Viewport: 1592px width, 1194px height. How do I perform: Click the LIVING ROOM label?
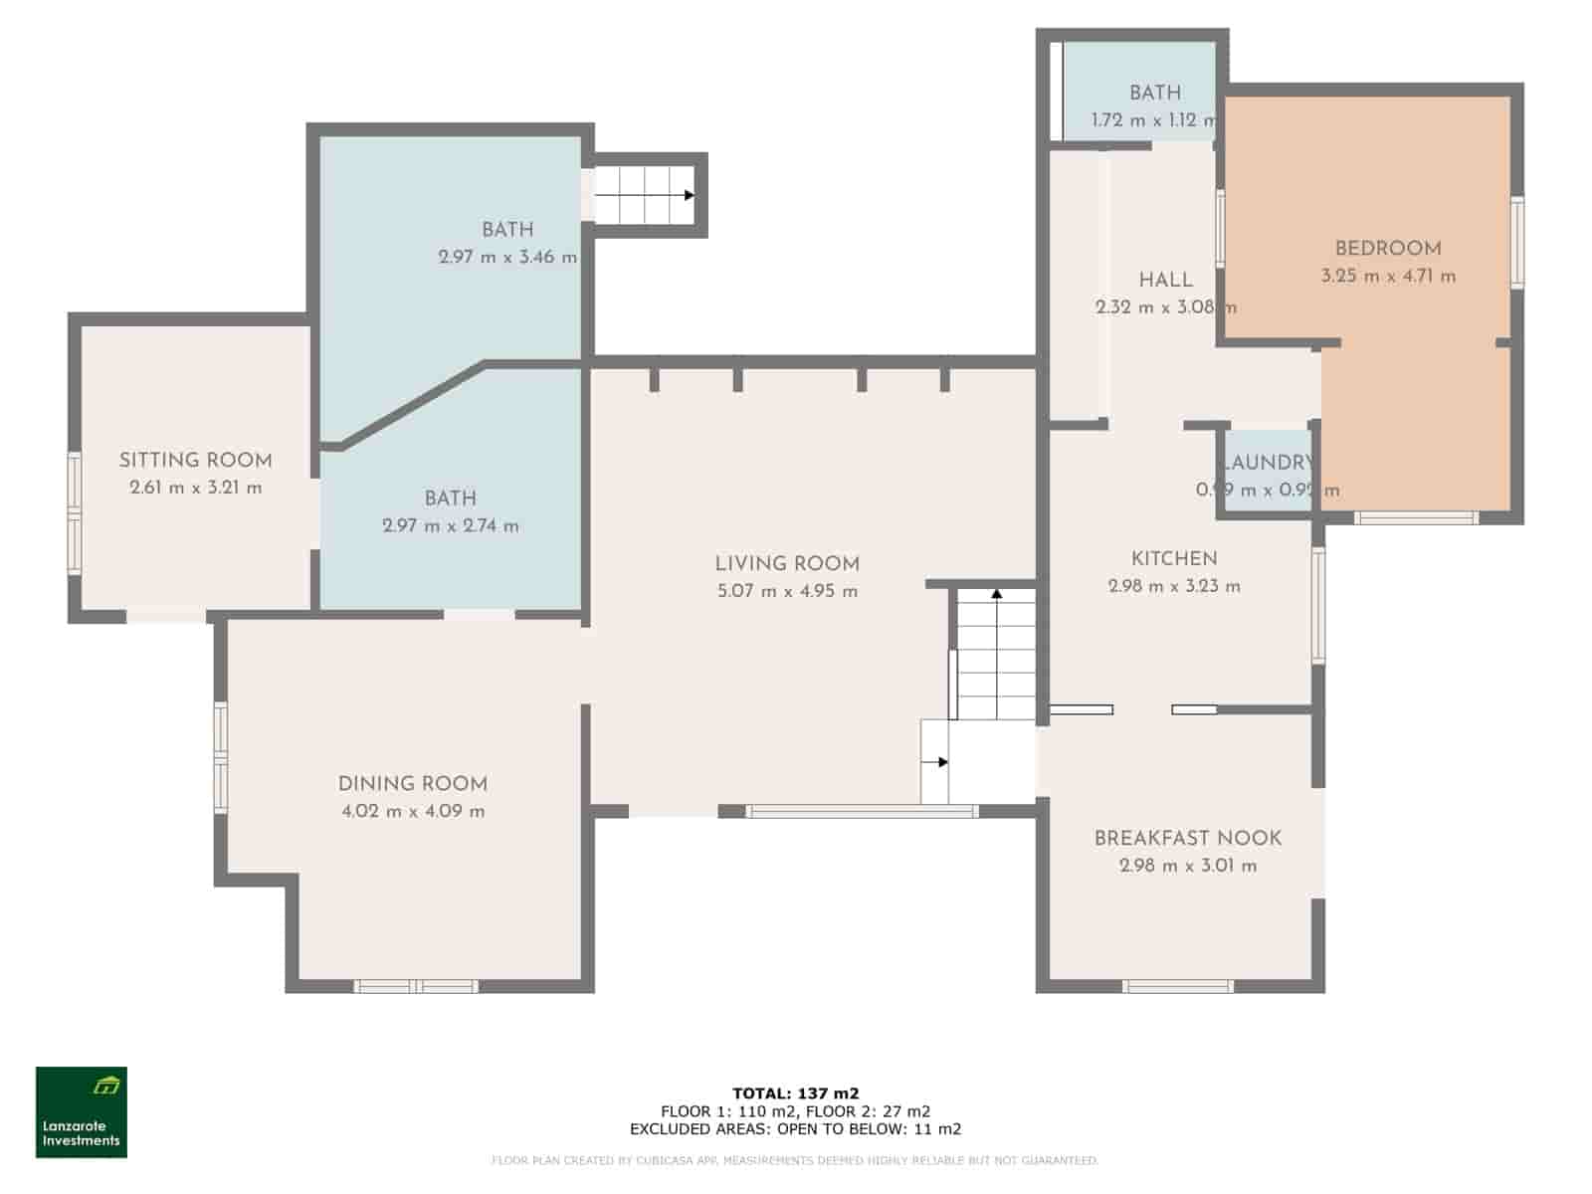(x=786, y=564)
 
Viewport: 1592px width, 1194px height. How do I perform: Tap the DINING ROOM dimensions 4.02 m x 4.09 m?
(x=413, y=811)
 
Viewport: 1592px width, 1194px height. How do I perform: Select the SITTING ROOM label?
(x=195, y=461)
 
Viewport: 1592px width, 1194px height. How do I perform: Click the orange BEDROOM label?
(x=1387, y=249)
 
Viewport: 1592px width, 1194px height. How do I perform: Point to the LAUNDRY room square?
(x=1267, y=472)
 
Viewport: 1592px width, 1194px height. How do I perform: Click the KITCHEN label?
(x=1174, y=559)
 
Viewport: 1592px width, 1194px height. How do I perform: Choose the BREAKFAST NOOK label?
(x=1187, y=839)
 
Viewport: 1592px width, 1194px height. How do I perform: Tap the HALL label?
(x=1165, y=280)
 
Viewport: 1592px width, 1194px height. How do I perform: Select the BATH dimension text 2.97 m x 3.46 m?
(x=507, y=257)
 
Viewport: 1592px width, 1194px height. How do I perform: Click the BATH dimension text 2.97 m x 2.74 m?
(x=451, y=526)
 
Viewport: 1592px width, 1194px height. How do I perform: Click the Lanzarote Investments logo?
(x=82, y=1111)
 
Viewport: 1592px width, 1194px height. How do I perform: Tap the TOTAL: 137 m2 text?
(x=795, y=1094)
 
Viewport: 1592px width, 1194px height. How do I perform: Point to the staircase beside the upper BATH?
(x=645, y=195)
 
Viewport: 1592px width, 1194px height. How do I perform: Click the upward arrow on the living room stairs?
(x=996, y=595)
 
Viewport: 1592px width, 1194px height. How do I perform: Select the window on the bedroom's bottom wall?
(x=1415, y=517)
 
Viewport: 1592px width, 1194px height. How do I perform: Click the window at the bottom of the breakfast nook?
(x=1177, y=987)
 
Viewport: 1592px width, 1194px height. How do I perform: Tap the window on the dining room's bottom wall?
(x=416, y=987)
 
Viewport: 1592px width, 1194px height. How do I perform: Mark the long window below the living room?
(x=862, y=812)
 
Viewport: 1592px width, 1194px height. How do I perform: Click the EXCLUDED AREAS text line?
(x=795, y=1129)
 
